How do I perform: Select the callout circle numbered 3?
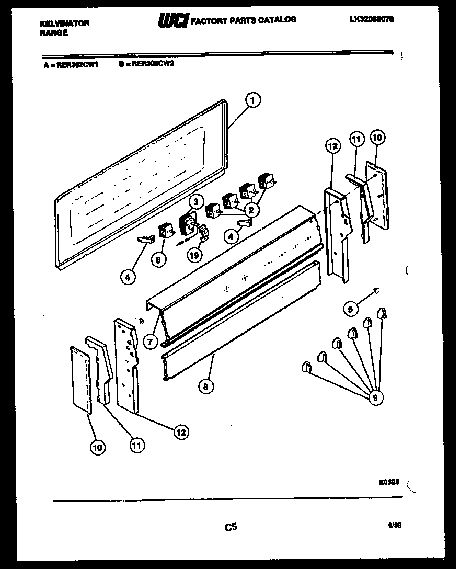[x=195, y=202]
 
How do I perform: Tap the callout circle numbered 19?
[x=194, y=256]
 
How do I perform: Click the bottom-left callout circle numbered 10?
[x=97, y=447]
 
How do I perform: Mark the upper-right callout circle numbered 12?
[x=333, y=146]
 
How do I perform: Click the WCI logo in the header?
[x=172, y=20]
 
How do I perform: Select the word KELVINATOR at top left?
[x=65, y=23]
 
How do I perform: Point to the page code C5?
[x=231, y=527]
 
